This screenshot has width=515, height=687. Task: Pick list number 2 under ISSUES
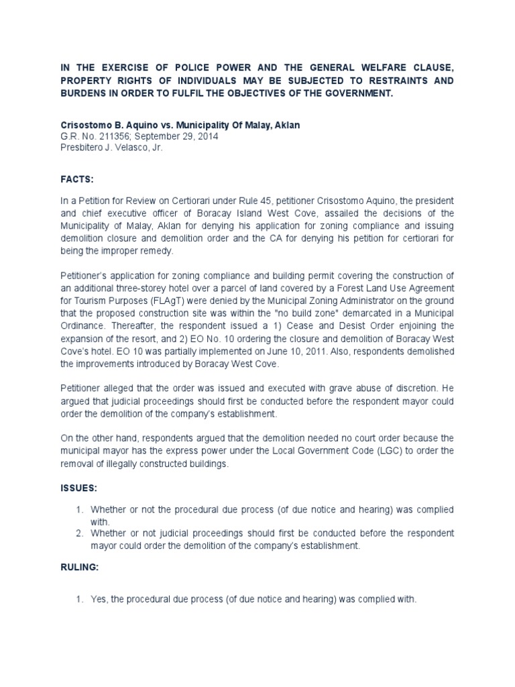(80, 533)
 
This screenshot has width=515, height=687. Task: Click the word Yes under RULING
(99, 600)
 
